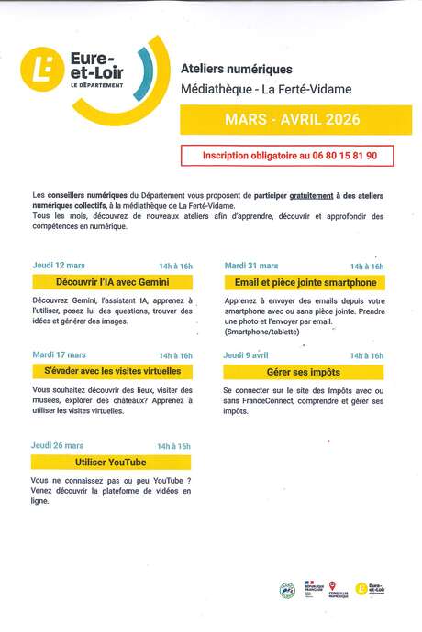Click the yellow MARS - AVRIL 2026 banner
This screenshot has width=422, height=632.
293,120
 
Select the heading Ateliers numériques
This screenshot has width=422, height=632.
250,69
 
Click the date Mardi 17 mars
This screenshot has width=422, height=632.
59,354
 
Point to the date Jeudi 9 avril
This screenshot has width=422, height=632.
246,354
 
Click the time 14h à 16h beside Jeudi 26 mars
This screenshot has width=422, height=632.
173,446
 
